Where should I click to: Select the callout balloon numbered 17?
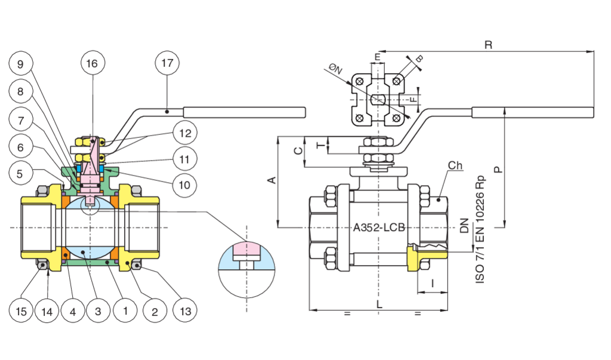pos(167,64)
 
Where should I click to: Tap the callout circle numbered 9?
pos(20,64)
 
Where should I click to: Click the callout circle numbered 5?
pos(20,174)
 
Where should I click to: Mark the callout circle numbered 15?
pos(20,310)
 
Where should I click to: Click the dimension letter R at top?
pos(488,45)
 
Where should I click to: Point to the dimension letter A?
pos(271,180)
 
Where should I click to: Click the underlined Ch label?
pos(456,165)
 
